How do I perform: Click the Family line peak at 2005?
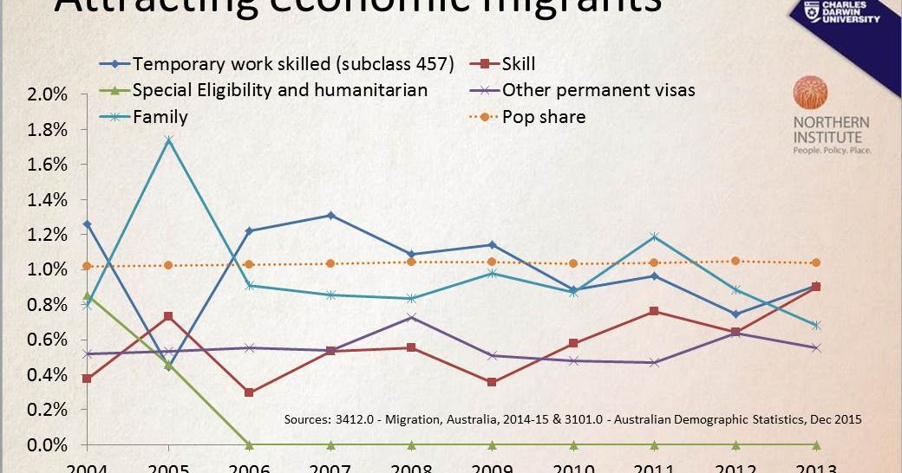point(168,139)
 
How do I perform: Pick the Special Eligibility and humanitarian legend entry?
point(279,89)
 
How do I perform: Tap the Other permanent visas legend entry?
point(598,89)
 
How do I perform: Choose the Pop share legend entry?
point(544,116)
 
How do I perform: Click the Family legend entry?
point(160,116)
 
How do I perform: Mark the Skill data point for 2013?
point(816,288)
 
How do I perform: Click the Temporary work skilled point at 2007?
point(330,216)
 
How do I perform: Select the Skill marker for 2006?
point(249,392)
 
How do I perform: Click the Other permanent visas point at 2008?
point(411,317)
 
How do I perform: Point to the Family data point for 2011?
point(654,236)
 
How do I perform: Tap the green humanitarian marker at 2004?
point(87,296)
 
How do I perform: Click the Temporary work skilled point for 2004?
point(87,224)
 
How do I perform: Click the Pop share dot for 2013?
point(816,262)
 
